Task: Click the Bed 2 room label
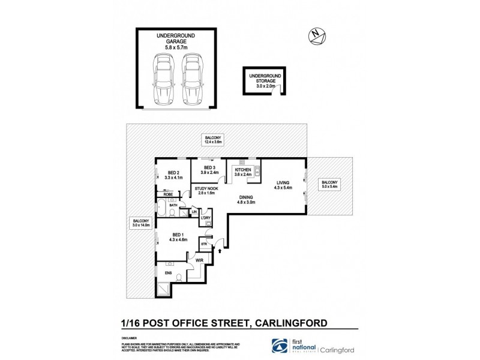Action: [173, 172]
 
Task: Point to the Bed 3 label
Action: [209, 168]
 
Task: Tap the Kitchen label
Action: [242, 171]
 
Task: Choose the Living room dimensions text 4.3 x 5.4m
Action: [283, 188]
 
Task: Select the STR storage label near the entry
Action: [203, 245]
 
